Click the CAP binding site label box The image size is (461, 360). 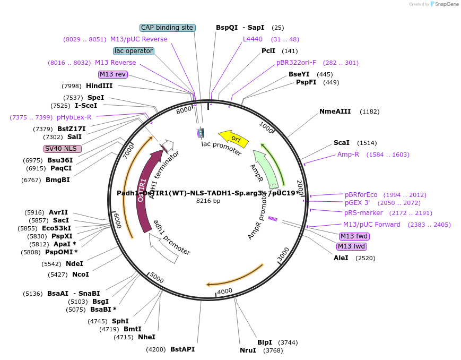pos(168,28)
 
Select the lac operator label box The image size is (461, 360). pos(134,51)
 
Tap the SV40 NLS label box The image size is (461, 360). pos(63,149)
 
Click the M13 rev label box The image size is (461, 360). pos(113,74)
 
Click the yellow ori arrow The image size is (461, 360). pos(234,139)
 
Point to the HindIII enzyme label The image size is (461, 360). pos(99,86)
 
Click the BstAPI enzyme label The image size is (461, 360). pos(182,349)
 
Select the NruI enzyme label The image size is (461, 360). pos(248,350)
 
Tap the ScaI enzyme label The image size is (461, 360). pos(341,143)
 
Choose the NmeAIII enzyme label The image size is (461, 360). pos(335,112)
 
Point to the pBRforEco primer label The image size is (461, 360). pos(361,195)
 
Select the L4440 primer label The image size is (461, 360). pos(253,39)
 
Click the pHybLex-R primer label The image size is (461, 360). pos(74,117)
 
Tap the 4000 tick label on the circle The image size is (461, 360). pos(225,291)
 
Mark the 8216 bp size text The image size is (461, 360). pos(208,201)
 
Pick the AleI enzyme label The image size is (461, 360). pos(341,258)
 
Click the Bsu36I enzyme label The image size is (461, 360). pos(60,160)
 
